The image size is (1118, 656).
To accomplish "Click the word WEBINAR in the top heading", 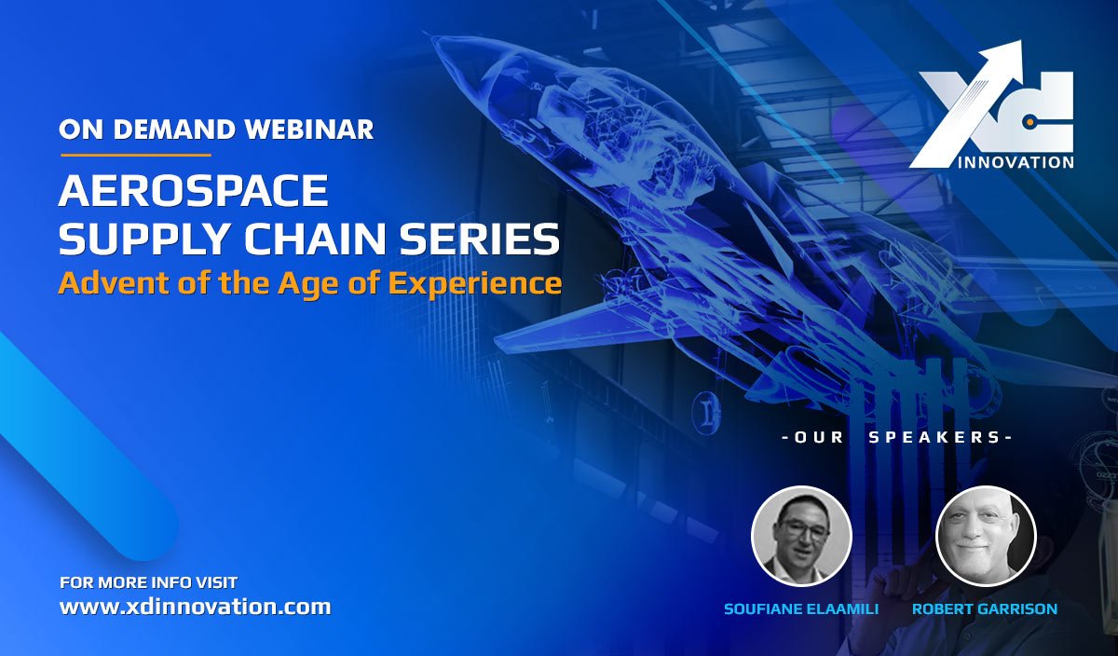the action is [x=309, y=130].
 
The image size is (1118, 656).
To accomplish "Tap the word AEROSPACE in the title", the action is [x=194, y=190].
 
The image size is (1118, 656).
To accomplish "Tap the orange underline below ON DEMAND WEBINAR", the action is [x=136, y=156].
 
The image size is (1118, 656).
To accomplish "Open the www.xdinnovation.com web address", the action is [x=195, y=607].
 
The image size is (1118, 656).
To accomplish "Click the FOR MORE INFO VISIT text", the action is [x=149, y=582].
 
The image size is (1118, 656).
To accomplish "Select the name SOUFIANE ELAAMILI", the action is [x=801, y=609].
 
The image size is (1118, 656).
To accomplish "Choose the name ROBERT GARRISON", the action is [x=985, y=609].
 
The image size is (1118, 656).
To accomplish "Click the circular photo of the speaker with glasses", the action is [x=801, y=536].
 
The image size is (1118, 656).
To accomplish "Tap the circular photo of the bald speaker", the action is [x=986, y=536].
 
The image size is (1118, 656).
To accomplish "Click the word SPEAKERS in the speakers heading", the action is [x=934, y=437].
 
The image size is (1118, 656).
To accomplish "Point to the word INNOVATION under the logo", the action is [x=1016, y=163].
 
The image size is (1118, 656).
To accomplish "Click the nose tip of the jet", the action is [x=426, y=34].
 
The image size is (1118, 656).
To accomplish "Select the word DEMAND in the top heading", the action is [x=173, y=130].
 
